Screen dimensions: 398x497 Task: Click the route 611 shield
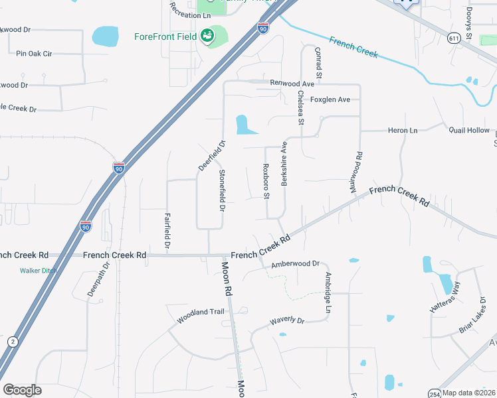pyautogui.click(x=454, y=38)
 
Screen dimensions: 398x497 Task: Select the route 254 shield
pyautogui.click(x=434, y=393)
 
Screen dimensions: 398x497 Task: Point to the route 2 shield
pyautogui.click(x=12, y=341)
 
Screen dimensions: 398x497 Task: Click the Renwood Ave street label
pyautogui.click(x=292, y=84)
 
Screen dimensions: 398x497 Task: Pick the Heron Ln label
pyautogui.click(x=403, y=131)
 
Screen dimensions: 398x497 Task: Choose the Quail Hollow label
pyautogui.click(x=468, y=131)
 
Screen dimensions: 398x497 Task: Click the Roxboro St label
pyautogui.click(x=266, y=181)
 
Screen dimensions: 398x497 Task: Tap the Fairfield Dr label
pyautogui.click(x=167, y=230)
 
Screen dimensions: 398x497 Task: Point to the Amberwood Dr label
pyautogui.click(x=296, y=264)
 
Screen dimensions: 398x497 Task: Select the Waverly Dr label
pyautogui.click(x=286, y=321)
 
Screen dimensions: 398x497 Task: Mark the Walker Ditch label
pyautogui.click(x=37, y=271)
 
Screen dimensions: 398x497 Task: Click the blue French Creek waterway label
pyautogui.click(x=354, y=48)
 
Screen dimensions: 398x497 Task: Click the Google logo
pyautogui.click(x=22, y=390)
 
